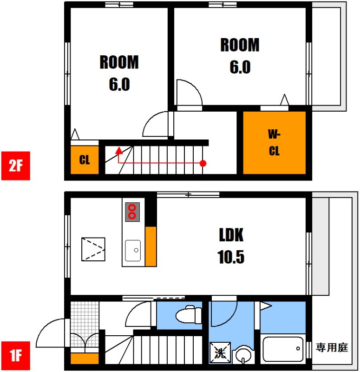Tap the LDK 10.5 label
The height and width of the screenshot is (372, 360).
[x=231, y=246]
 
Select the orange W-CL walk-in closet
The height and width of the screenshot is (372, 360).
[x=274, y=143]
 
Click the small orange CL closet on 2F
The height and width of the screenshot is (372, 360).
[x=85, y=160]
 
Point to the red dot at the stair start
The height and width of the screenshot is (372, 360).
[x=203, y=163]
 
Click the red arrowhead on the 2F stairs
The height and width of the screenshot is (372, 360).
[x=118, y=151]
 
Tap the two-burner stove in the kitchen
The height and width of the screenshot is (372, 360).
[x=132, y=212]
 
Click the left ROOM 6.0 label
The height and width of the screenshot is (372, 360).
[x=119, y=73]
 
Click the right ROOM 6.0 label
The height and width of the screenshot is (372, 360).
[x=240, y=56]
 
